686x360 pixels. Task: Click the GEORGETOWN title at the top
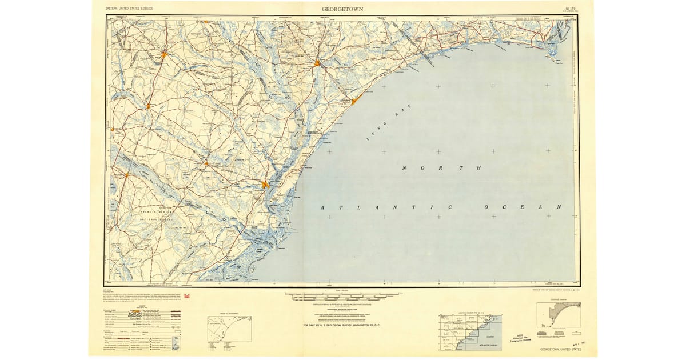(x=342, y=9)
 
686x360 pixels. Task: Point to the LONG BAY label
(x=382, y=127)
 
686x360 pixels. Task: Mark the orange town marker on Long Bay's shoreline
(x=355, y=101)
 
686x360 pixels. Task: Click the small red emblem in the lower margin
(x=196, y=295)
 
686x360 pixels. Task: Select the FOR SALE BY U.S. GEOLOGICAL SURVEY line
(x=342, y=325)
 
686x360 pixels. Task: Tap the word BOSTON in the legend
(x=135, y=314)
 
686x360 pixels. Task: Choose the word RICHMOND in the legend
(x=135, y=319)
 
